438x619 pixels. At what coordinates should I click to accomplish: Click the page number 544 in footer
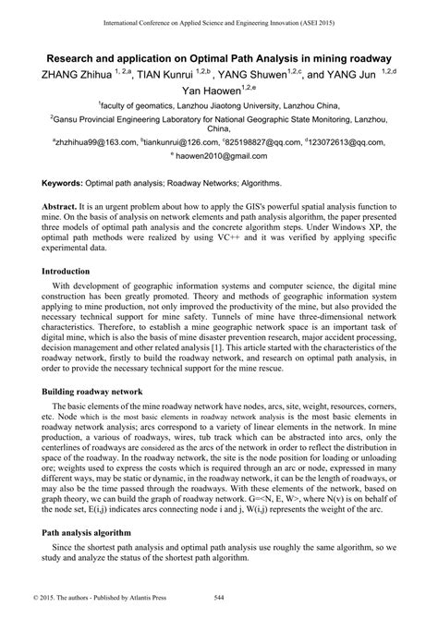click(x=218, y=609)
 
